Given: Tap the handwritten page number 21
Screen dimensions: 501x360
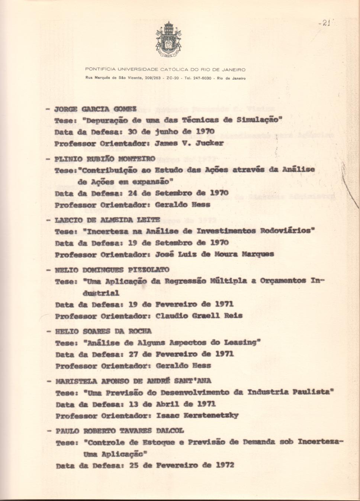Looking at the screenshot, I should pos(325,23).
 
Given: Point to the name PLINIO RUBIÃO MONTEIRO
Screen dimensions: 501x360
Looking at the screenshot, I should pos(105,159).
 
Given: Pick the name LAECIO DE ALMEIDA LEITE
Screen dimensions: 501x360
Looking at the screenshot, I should pos(107,220).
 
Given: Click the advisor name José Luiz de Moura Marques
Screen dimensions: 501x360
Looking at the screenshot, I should pos(214,255).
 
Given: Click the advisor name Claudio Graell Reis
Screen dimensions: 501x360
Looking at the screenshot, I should pos(199,316).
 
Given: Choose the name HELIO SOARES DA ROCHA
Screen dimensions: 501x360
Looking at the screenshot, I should pos(103,331).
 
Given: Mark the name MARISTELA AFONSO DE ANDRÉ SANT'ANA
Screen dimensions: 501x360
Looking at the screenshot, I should pos(133,381).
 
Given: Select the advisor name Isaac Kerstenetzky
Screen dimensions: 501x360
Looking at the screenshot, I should pos(197,415).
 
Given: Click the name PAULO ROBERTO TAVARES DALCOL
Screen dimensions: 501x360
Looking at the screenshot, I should pos(120,431).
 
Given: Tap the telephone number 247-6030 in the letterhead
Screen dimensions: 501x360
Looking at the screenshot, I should pos(202,79).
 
